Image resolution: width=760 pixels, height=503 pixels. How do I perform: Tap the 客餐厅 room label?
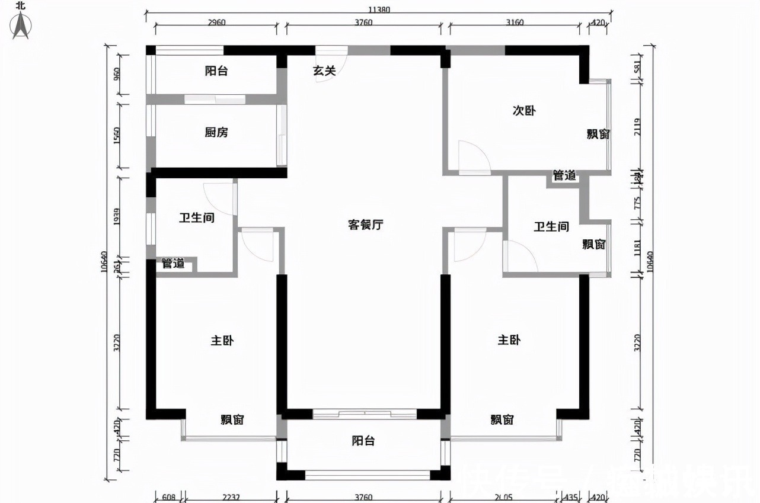point(365,225)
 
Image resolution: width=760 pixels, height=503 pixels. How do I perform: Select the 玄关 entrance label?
point(325,71)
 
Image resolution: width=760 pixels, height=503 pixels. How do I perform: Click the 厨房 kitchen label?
point(216,133)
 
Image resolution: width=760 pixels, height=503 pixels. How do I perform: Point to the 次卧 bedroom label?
point(524,111)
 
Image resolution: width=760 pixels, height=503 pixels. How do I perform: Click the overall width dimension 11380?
point(379,9)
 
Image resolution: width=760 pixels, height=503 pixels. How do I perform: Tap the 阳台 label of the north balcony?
point(216,72)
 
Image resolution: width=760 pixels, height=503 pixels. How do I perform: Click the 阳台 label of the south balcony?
point(363,441)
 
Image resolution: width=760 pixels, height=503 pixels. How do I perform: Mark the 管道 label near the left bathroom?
point(173,264)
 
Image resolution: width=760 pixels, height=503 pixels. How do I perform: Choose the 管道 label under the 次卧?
point(564,176)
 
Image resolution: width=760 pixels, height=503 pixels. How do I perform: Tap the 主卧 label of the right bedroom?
point(509,341)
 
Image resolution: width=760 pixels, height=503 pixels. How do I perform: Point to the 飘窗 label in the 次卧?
point(599,134)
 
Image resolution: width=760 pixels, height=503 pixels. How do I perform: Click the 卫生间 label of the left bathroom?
point(196,218)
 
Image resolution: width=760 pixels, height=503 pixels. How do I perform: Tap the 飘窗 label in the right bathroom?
point(593,245)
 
